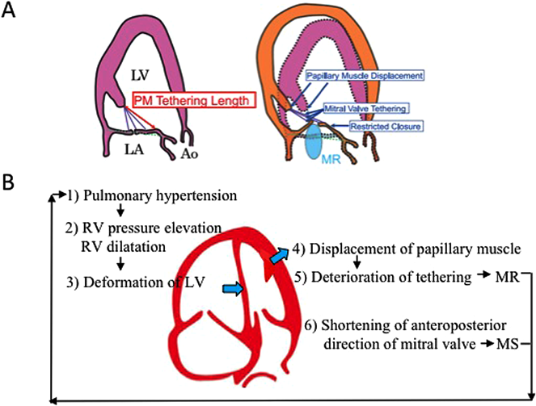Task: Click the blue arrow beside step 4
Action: point(277,257)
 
